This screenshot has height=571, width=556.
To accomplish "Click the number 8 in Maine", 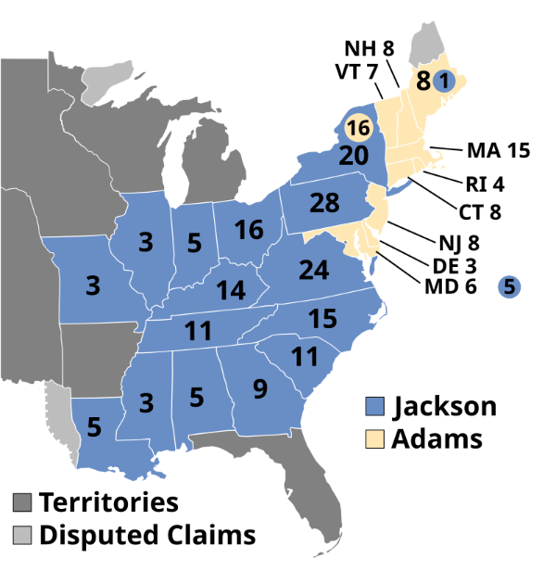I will (x=423, y=82).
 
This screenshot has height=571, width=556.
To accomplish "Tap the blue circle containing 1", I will (x=445, y=82).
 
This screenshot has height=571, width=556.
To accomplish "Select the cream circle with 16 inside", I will (x=358, y=127).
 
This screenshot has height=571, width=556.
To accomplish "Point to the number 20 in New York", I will (x=353, y=156).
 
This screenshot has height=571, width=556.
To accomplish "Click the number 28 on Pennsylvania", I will (x=324, y=203).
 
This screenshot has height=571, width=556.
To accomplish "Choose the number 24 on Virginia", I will (x=314, y=271).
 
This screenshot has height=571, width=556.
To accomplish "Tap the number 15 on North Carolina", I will (x=322, y=319).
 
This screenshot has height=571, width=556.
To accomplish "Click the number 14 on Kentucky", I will (x=231, y=291).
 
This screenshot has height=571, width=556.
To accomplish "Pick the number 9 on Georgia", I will (x=259, y=389).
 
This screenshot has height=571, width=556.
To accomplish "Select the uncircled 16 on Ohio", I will (x=248, y=230).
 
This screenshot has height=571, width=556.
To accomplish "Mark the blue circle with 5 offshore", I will (x=510, y=287).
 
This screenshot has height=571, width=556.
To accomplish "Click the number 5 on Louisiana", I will (x=95, y=427).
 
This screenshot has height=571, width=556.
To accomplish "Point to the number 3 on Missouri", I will (x=93, y=285).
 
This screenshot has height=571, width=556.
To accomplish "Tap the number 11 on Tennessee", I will (x=198, y=331).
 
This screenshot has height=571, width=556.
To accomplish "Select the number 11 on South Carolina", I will (x=305, y=357).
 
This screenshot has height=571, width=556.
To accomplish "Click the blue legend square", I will (x=375, y=407).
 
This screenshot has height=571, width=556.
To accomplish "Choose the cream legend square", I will (x=375, y=438).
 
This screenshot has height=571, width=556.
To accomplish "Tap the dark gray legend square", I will (x=22, y=502).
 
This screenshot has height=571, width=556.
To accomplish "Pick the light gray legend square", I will (x=22, y=535).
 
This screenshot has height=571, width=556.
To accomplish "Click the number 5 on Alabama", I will (x=196, y=398).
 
